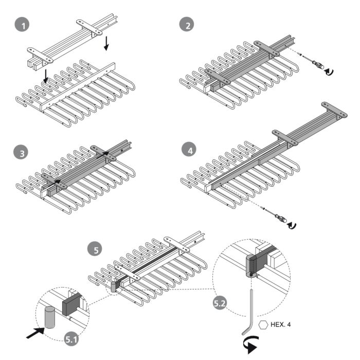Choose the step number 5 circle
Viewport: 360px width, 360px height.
95,250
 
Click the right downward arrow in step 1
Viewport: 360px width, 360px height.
106,43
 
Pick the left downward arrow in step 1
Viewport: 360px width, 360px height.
46,77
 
